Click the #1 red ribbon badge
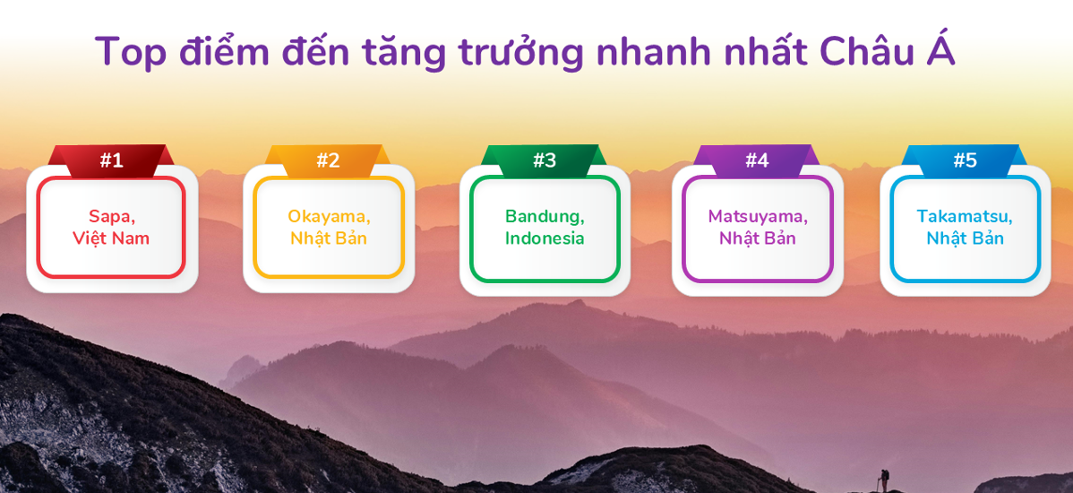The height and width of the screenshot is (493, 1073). point(111,161)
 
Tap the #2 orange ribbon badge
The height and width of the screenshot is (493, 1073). point(328,161)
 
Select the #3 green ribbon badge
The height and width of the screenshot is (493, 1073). point(544,161)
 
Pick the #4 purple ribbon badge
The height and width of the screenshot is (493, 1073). point(757,161)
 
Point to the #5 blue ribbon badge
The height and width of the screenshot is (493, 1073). point(965,161)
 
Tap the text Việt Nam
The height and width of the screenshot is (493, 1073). point(111,239)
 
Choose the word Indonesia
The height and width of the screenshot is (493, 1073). point(545,238)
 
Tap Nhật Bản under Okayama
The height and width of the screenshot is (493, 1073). point(329,238)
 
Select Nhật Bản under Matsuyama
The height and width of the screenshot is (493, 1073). point(757,238)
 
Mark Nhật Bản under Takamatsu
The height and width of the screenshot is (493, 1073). point(965,238)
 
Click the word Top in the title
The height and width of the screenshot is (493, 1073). point(131,52)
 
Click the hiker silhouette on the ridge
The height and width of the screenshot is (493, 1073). point(883,479)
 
